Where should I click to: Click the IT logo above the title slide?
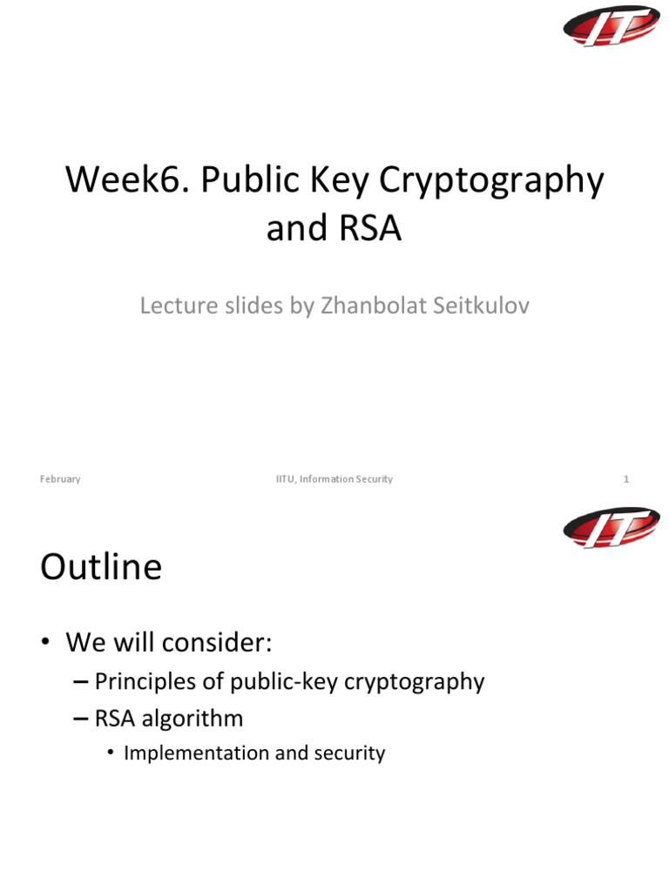(x=611, y=26)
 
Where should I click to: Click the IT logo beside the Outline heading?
(x=611, y=528)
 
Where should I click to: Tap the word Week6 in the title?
(x=127, y=181)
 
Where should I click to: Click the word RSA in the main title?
(x=369, y=228)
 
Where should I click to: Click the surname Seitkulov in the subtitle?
(x=483, y=307)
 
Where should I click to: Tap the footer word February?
(x=60, y=479)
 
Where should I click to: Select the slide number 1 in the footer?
(x=625, y=479)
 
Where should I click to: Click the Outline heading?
(x=101, y=568)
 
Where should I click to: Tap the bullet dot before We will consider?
(x=45, y=645)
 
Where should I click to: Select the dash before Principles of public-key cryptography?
(x=81, y=682)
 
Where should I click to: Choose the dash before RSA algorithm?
(x=81, y=720)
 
